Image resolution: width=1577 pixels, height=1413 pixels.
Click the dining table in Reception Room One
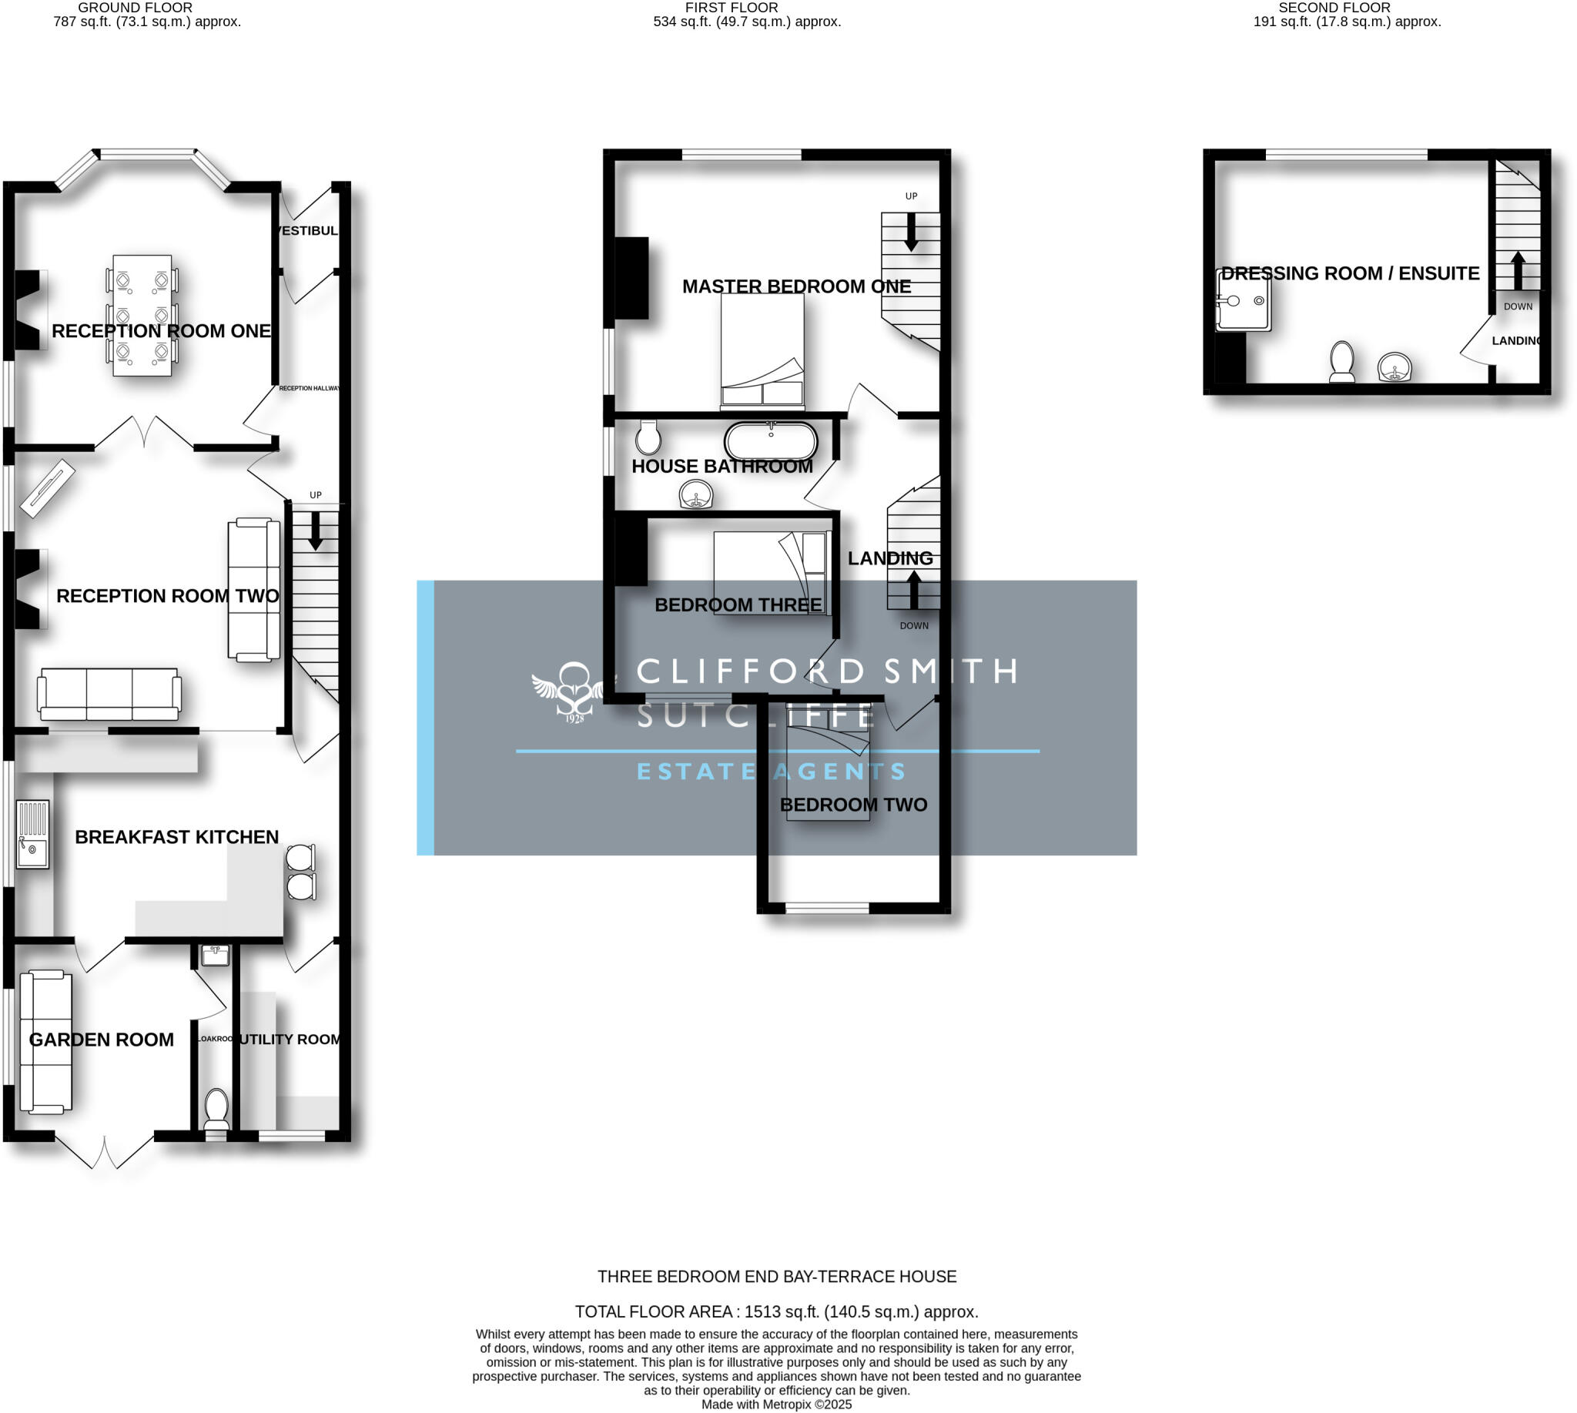[x=142, y=315]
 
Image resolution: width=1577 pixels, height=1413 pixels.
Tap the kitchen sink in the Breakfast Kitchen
[x=32, y=834]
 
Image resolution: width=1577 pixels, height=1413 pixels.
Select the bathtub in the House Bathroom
[x=770, y=442]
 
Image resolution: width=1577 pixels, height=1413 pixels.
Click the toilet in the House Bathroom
[x=648, y=438]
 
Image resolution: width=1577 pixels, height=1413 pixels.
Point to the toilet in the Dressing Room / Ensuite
[x=1341, y=362]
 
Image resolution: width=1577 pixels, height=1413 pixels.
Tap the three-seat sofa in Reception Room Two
[x=109, y=693]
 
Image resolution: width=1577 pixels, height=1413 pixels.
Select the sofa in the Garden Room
[x=45, y=1040]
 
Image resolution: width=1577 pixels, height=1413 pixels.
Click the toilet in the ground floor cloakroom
[x=216, y=1109]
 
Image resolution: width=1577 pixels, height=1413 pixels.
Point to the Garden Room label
[x=101, y=1040]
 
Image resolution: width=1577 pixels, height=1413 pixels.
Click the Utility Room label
[x=290, y=1039]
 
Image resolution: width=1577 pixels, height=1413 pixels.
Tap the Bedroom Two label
[x=852, y=805]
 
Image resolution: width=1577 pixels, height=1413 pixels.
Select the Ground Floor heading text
[x=135, y=8]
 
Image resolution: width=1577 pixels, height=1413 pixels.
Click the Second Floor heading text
[x=1334, y=8]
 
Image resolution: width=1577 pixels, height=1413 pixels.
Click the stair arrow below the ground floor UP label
[x=315, y=531]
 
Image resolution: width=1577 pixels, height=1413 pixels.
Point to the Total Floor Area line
[x=776, y=1311]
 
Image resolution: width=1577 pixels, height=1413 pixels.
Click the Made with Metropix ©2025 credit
[x=776, y=1405]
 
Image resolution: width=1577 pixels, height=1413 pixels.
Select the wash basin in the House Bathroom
[x=695, y=494]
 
